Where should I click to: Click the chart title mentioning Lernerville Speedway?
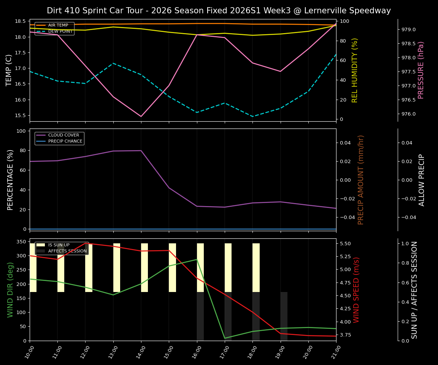[219, 11]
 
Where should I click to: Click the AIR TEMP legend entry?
[58, 25]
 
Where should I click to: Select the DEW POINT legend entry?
[60, 32]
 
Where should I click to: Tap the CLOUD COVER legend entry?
[63, 135]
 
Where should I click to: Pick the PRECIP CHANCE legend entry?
[65, 141]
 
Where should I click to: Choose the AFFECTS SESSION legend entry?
[67, 251]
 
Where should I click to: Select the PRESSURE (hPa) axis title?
[421, 70]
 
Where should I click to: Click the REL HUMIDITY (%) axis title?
[355, 70]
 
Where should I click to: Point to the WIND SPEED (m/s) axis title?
[356, 290]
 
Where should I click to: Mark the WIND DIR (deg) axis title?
[10, 290]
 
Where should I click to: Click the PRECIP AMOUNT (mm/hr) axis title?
[361, 180]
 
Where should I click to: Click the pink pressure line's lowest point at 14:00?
[141, 116]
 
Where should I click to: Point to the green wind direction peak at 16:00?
[197, 259]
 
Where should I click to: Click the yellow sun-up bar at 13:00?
[117, 268]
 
